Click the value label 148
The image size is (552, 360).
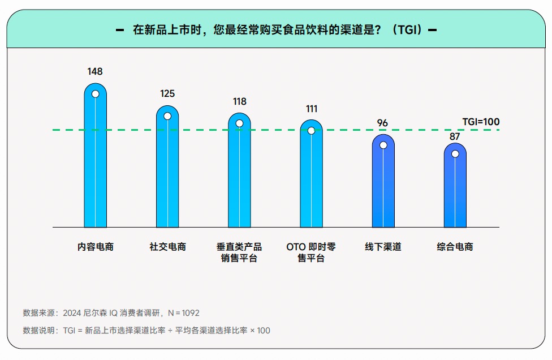[x=95, y=72]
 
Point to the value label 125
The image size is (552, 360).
[x=167, y=94]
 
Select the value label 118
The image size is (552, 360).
[x=240, y=102]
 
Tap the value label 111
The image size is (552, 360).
[x=311, y=109]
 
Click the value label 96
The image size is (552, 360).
[x=383, y=123]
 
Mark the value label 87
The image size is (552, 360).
[x=455, y=136]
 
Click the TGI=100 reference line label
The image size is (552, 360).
[x=481, y=122]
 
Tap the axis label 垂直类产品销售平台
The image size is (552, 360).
[x=239, y=253]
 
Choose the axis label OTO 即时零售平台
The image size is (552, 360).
[x=311, y=253]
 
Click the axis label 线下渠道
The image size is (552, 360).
[x=383, y=247]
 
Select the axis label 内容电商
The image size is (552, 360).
[x=96, y=247]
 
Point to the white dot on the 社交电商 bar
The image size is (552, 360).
[x=167, y=116]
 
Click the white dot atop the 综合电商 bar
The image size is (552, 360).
[x=455, y=153]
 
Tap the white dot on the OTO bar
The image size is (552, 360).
[x=311, y=130]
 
